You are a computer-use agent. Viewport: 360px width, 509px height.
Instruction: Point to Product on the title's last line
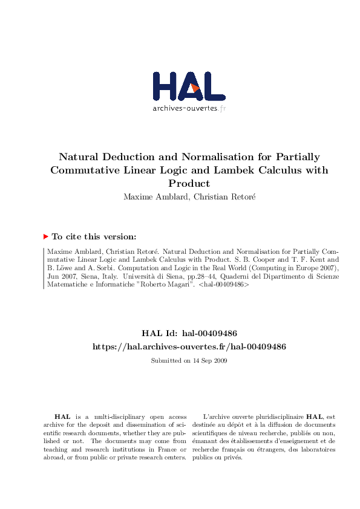coord(189,183)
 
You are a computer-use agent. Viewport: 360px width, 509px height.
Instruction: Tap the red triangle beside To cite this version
coord(46,237)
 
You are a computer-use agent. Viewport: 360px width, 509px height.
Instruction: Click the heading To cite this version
coord(94,237)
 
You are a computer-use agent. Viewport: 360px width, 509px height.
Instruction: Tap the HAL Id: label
coord(160,333)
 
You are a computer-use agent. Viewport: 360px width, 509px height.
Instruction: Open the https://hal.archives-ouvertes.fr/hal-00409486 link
coord(189,346)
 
